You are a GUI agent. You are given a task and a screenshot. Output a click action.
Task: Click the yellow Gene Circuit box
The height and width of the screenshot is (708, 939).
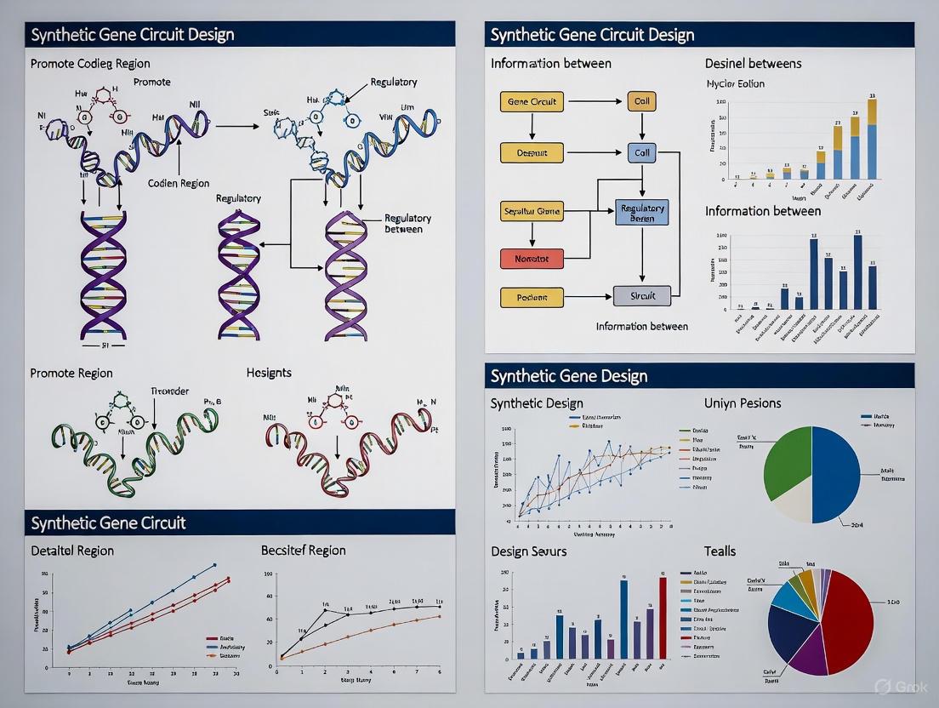[x=532, y=102]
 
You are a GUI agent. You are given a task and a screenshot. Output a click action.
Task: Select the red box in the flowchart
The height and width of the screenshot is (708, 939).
[x=532, y=258]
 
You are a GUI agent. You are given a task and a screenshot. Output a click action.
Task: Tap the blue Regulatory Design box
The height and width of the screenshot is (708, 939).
[x=642, y=213]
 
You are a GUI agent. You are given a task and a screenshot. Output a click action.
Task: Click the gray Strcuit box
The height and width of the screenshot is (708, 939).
[x=642, y=296]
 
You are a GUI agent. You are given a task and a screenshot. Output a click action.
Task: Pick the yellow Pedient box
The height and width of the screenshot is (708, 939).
[x=532, y=298]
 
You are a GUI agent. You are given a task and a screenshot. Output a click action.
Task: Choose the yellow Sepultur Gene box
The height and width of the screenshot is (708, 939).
[x=532, y=212]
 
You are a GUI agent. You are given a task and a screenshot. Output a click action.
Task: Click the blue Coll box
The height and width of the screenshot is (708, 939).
[x=642, y=154]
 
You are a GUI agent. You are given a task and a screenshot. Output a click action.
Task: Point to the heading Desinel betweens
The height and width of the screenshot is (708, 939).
[x=753, y=63]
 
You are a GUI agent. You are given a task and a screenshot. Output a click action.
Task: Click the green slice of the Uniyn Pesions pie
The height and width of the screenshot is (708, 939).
[x=786, y=460]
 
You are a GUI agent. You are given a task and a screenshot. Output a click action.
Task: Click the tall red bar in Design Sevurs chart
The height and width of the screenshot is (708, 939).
[x=663, y=618]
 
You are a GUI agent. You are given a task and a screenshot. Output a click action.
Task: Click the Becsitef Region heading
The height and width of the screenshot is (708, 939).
[x=303, y=550]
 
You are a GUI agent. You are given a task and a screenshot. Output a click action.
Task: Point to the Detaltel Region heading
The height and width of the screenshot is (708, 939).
[x=71, y=550]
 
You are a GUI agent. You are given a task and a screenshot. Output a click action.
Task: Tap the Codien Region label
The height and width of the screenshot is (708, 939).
[x=179, y=183]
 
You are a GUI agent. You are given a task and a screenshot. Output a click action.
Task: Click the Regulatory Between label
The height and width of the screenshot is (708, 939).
[x=407, y=224]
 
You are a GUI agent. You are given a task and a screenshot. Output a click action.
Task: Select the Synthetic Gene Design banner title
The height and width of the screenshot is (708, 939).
[x=569, y=376]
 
